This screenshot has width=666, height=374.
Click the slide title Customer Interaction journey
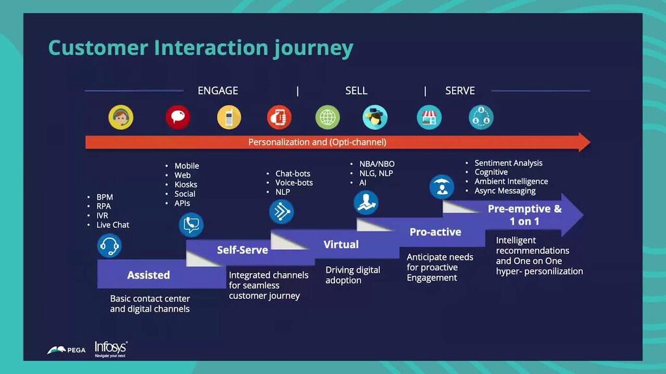coord(200,48)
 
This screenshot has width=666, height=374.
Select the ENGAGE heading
coord(218,91)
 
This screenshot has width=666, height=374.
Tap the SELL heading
coord(356,91)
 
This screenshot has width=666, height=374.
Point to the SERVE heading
coord(460,91)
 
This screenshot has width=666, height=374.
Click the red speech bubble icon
coord(178,118)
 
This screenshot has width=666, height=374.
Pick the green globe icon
coord(328,118)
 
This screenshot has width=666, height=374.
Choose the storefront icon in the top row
coord(429,118)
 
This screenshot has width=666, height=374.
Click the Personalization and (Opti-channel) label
coord(317,142)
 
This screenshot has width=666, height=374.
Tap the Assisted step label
coord(148,275)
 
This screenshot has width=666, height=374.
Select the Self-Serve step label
coord(243,250)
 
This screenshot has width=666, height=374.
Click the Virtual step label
coord(341,245)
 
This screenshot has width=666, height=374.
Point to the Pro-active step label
coord(435,232)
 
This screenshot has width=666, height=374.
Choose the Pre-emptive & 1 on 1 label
coord(525,215)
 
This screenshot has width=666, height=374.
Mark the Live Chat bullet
coord(113,225)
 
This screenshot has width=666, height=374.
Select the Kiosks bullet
coord(185,184)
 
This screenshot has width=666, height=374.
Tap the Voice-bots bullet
coord(294,183)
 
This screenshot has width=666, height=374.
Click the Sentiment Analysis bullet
coord(508,163)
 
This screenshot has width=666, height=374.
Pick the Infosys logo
coord(111,349)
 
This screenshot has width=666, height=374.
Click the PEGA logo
coord(66,351)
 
